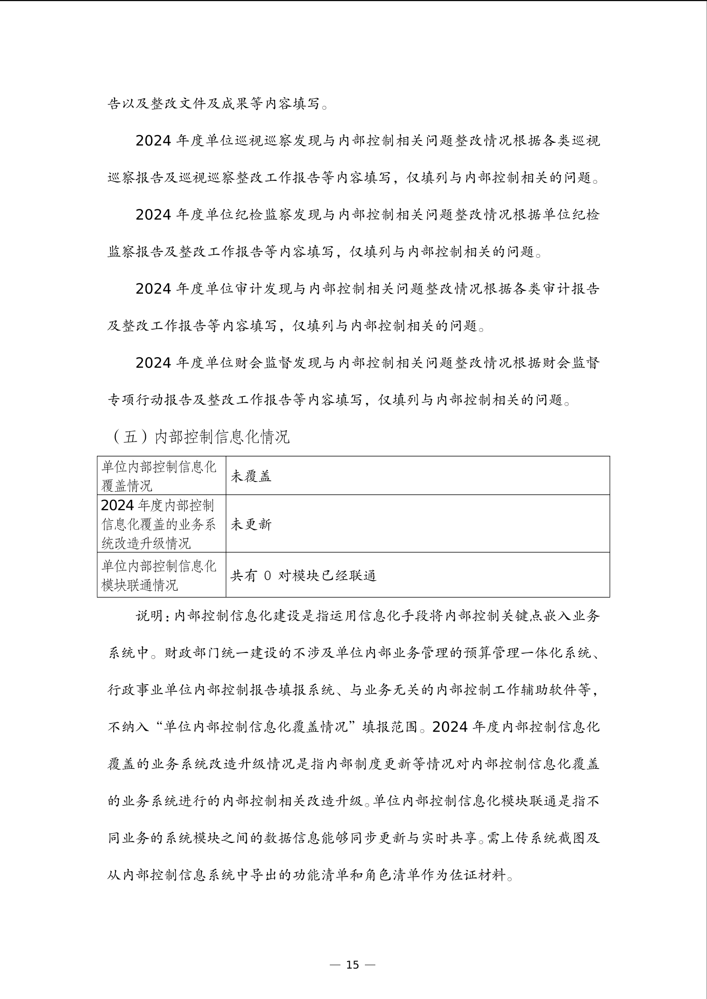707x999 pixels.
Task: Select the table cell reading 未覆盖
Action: [x=251, y=476]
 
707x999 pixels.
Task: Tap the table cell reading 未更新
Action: [x=251, y=524]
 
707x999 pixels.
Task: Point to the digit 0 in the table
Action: [x=267, y=576]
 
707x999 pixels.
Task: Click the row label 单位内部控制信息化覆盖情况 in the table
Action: [x=159, y=476]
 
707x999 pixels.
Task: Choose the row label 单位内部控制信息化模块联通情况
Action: [x=159, y=575]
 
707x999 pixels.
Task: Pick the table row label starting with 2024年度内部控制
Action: [x=159, y=524]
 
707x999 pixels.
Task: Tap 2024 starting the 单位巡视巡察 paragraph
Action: [x=153, y=141]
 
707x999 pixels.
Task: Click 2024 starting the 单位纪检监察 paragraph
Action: [x=153, y=215]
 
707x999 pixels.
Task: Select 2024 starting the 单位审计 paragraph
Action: [x=153, y=289]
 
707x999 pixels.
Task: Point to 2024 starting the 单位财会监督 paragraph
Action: [x=153, y=363]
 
